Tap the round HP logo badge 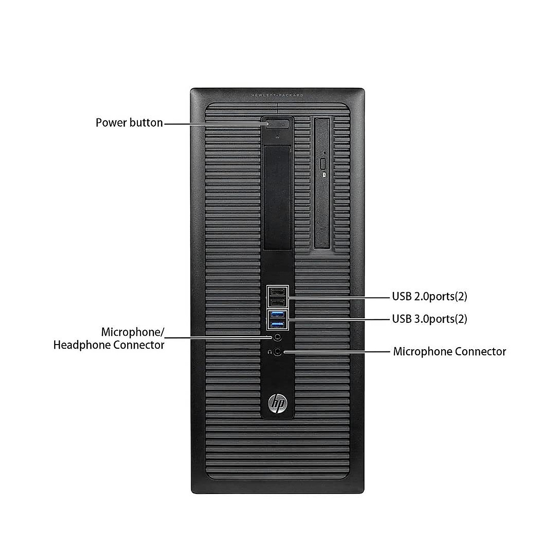pos(277,404)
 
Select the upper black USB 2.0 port pos(277,292)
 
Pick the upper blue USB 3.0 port pos(277,315)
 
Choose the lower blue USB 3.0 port pos(277,325)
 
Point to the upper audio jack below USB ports pos(277,337)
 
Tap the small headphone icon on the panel pos(270,351)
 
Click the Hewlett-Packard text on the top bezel pos(277,95)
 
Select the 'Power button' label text pos(129,123)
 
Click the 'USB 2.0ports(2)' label pos(429,296)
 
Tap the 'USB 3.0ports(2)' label pos(429,319)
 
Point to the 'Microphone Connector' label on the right pos(449,351)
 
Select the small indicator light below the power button pos(277,136)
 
